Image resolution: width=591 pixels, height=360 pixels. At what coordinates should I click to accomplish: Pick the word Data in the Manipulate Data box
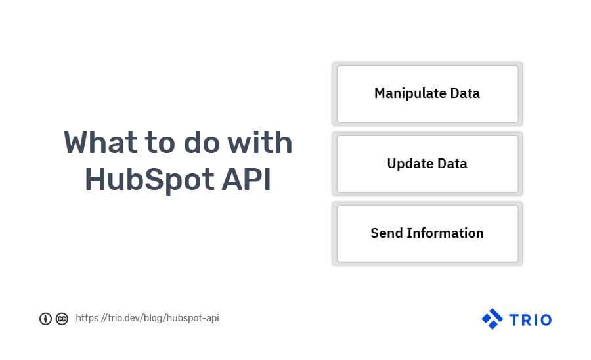click(x=465, y=93)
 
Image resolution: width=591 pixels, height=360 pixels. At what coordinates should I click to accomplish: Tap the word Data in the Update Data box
click(x=452, y=164)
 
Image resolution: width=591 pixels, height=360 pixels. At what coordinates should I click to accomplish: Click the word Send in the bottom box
click(x=386, y=233)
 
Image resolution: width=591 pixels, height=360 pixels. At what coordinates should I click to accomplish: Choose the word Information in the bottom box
click(x=445, y=233)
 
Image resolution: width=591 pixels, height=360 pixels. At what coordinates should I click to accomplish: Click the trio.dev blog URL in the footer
click(x=147, y=318)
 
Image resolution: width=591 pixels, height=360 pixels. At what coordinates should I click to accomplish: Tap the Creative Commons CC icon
click(x=62, y=319)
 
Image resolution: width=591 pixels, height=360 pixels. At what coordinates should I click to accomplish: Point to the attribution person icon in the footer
click(x=45, y=319)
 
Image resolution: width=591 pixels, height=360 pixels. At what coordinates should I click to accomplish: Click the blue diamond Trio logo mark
click(x=492, y=319)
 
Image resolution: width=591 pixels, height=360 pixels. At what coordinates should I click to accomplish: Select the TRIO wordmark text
click(x=529, y=320)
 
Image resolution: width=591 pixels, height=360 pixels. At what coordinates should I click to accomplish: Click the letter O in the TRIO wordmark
click(x=545, y=320)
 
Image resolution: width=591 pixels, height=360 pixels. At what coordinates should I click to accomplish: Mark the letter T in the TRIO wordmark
click(x=513, y=320)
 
